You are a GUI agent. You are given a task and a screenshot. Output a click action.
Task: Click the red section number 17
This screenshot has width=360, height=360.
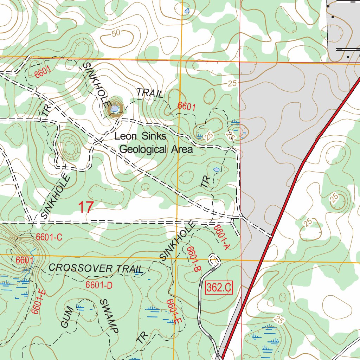click(x=85, y=207)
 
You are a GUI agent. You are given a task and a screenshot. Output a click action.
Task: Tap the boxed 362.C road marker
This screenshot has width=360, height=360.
click(x=219, y=288)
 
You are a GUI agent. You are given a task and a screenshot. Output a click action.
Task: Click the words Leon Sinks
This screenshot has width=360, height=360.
click(x=140, y=136)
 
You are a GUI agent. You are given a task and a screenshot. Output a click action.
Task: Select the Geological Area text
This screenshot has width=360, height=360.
click(x=156, y=149)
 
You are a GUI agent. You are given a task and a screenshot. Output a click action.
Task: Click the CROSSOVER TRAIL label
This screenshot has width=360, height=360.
click(x=96, y=268)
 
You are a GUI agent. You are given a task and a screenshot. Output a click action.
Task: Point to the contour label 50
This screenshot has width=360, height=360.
click(x=116, y=33)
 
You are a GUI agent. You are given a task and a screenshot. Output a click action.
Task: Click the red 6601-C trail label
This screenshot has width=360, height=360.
click(x=49, y=237)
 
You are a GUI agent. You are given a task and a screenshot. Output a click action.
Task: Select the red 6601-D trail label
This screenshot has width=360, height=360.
click(x=99, y=285)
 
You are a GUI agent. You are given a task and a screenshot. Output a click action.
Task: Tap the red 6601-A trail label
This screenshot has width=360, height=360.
click(x=222, y=237)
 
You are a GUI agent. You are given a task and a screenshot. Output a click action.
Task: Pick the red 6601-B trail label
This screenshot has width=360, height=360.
click(x=193, y=259)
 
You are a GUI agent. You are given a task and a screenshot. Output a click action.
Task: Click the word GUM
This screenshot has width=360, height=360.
click(x=67, y=317)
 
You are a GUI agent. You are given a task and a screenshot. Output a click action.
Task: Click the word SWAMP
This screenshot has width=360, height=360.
click(x=109, y=316)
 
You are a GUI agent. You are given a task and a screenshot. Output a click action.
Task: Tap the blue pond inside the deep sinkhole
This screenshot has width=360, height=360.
click(x=114, y=109)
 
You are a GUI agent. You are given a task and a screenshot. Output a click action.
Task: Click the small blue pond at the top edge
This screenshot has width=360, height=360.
click(x=187, y=11)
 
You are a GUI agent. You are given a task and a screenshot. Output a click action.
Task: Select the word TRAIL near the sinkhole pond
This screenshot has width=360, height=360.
click(x=150, y=93)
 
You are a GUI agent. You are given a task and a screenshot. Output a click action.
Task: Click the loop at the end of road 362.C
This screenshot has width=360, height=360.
click(x=214, y=259)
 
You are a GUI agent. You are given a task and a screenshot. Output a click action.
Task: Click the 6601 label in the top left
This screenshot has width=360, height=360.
click(x=43, y=72)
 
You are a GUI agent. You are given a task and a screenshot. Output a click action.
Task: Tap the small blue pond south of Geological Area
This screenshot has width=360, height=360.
click(x=216, y=169)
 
